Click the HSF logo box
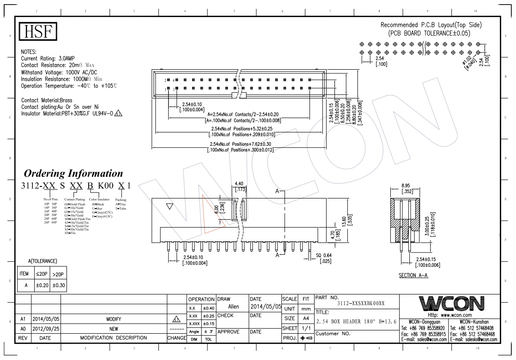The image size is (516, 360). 38,32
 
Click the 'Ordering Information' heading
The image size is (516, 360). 73,174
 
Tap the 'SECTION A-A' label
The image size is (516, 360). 413,276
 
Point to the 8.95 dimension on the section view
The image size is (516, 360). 407,186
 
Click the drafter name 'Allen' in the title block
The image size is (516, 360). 234,306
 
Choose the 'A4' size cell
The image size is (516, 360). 305,318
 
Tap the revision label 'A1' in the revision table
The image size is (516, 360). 23,319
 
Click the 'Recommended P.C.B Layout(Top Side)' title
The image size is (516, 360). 431,25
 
